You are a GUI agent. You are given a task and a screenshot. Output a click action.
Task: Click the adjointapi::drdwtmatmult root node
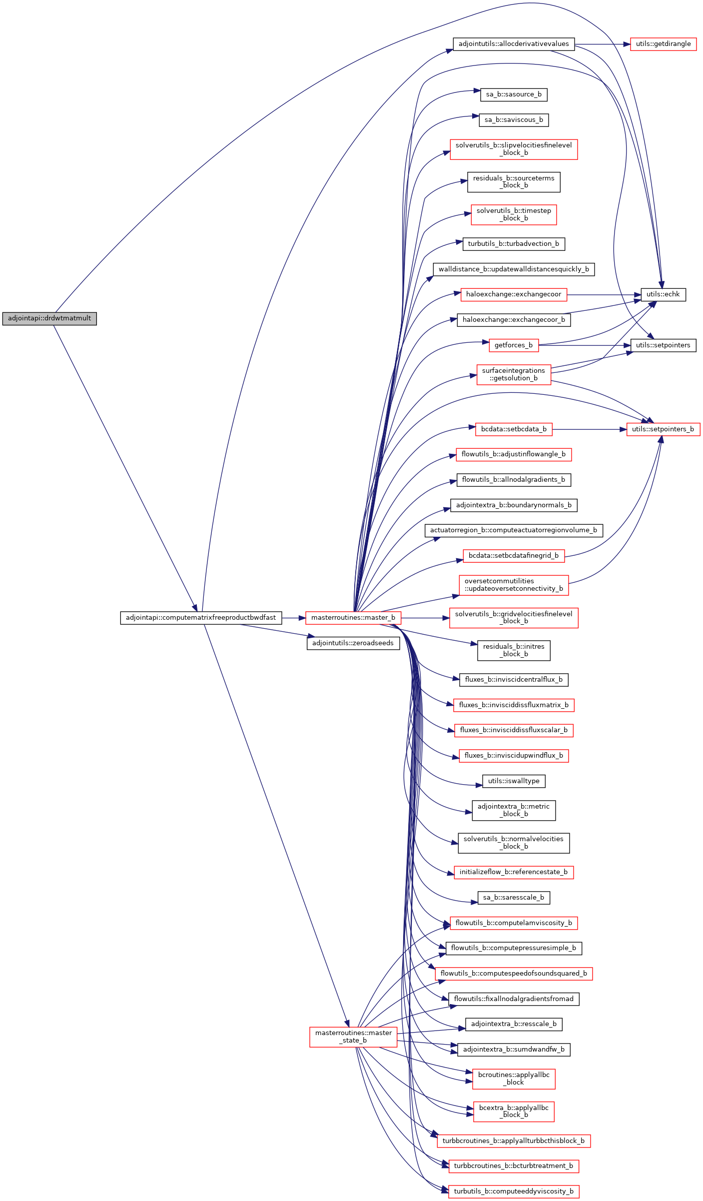click(49, 318)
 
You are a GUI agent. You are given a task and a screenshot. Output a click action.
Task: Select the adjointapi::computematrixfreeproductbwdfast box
click(201, 618)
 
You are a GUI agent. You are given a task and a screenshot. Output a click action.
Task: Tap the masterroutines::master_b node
click(353, 618)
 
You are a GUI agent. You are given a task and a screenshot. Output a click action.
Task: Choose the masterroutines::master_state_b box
click(353, 1037)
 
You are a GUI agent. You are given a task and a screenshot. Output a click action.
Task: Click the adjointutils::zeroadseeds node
click(353, 643)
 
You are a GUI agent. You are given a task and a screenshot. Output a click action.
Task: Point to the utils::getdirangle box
click(663, 44)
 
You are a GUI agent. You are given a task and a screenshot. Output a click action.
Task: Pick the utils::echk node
click(663, 294)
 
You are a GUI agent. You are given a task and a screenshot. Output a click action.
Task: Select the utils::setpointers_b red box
click(663, 429)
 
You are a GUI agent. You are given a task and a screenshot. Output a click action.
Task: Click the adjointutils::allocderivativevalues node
click(514, 44)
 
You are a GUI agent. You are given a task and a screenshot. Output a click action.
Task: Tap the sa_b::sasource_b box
click(514, 94)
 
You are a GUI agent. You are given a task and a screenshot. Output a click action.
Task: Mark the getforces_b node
click(514, 345)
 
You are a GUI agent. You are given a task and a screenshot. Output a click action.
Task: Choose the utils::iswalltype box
click(514, 781)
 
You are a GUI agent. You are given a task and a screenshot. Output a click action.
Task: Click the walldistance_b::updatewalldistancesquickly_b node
click(514, 269)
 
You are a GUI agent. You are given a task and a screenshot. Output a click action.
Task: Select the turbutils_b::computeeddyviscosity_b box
click(514, 1192)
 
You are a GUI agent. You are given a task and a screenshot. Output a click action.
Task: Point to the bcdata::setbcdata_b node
click(514, 429)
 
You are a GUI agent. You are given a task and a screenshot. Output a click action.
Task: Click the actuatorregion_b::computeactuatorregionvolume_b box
click(514, 530)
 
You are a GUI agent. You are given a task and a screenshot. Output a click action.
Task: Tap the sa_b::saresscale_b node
click(514, 898)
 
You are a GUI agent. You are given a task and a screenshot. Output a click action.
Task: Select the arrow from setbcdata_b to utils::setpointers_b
click(590, 429)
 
